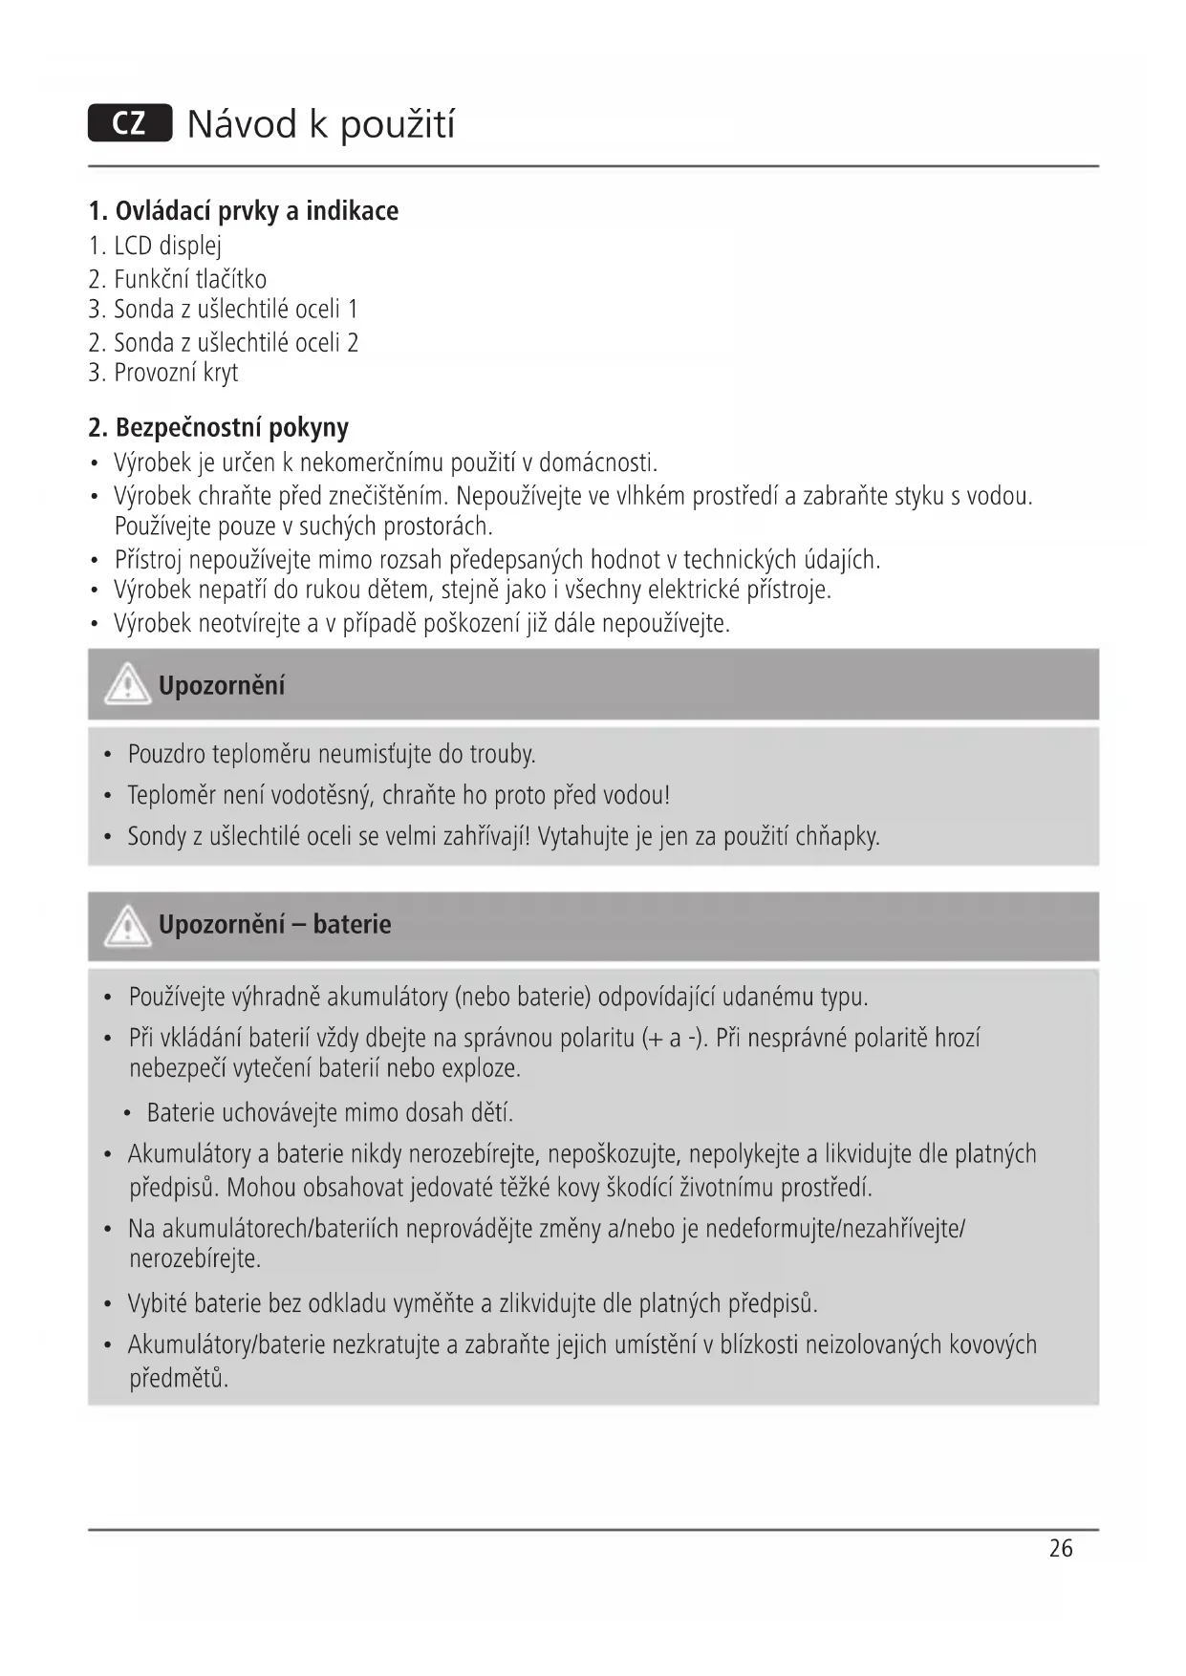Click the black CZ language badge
[130, 123]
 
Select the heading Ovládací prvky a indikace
[244, 210]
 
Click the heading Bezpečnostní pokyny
[219, 427]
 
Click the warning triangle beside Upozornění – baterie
[128, 926]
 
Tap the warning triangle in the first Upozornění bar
[128, 685]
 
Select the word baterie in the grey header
[352, 925]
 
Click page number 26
[1061, 1549]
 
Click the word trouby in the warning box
[502, 755]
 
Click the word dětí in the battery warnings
[491, 1113]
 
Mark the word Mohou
[261, 1188]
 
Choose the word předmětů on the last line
[179, 1378]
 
